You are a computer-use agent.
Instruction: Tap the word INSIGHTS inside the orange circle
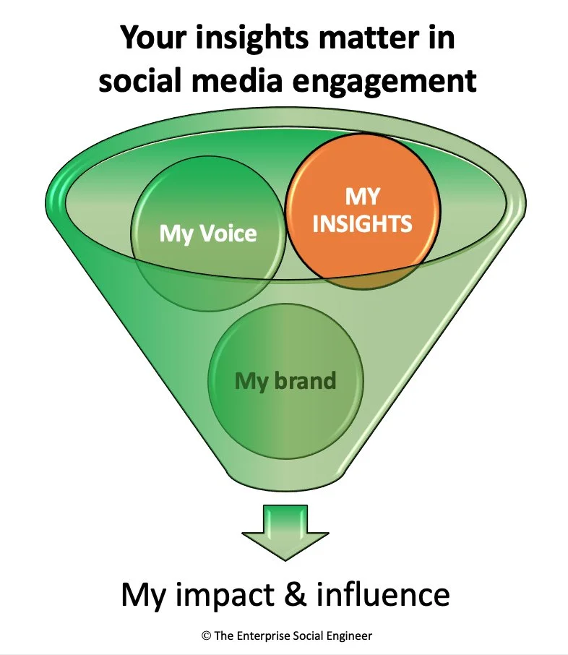[x=362, y=223]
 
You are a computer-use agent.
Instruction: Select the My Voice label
[x=208, y=234]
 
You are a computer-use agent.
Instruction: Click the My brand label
[x=285, y=380]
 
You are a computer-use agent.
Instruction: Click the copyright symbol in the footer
[x=206, y=635]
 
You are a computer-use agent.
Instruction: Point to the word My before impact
[x=145, y=595]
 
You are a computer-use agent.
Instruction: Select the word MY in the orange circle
[x=362, y=197]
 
